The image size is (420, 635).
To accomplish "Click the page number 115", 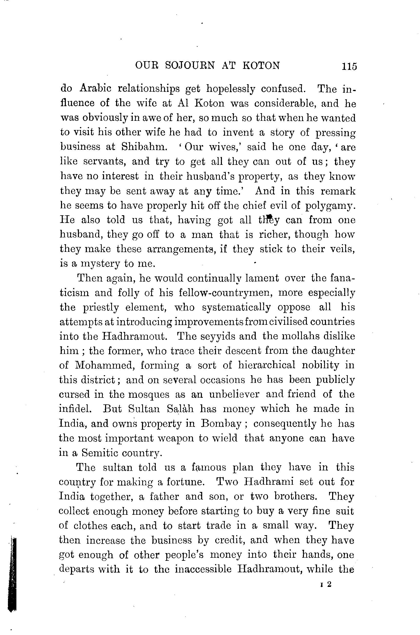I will pyautogui.click(x=349, y=66).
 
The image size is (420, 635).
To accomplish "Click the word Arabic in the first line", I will pyautogui.click(x=95, y=89).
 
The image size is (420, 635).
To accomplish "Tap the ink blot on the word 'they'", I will pyautogui.click(x=270, y=217).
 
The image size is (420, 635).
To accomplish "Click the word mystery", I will pyautogui.click(x=100, y=264).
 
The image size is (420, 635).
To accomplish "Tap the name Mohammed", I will pyautogui.click(x=105, y=365).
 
